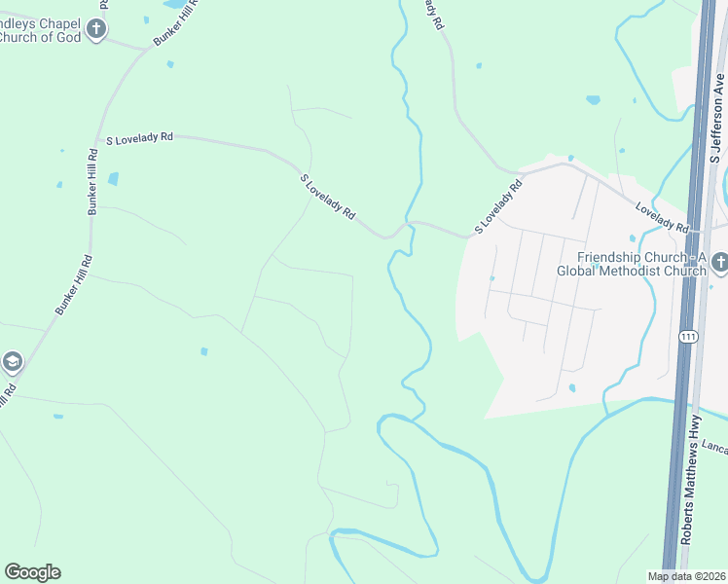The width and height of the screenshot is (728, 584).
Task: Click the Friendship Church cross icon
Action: pyautogui.click(x=719, y=261)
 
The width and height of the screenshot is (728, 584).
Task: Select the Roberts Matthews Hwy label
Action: pyautogui.click(x=692, y=492)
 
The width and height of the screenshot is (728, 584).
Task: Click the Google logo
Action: pyautogui.click(x=32, y=572)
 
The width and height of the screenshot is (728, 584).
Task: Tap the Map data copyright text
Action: pyautogui.click(x=685, y=576)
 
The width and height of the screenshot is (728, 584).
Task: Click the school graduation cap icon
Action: pyautogui.click(x=12, y=363)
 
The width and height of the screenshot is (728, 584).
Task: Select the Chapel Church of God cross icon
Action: pyautogui.click(x=95, y=29)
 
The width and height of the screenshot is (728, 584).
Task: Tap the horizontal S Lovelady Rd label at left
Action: pyautogui.click(x=139, y=138)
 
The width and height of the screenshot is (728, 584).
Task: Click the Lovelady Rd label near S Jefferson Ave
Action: pyautogui.click(x=662, y=216)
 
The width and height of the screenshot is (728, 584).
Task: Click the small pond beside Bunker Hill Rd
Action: pyautogui.click(x=114, y=179)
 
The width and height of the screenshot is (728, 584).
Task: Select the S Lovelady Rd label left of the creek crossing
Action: pyautogui.click(x=328, y=196)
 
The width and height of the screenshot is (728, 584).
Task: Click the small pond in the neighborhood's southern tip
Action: pyautogui.click(x=571, y=387)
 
